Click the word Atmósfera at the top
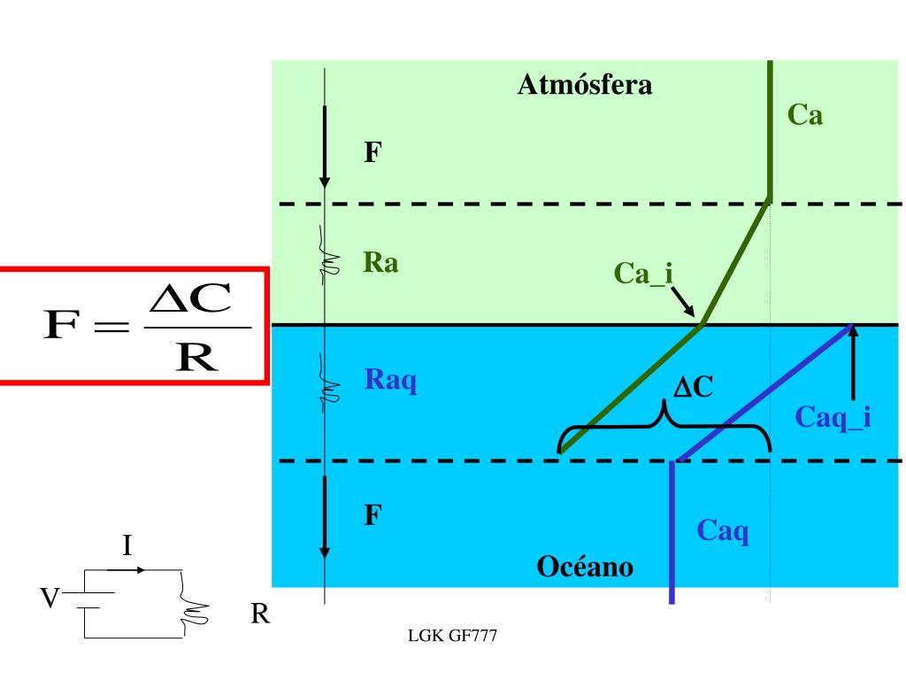click(x=584, y=85)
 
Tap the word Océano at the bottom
click(x=585, y=566)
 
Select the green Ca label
click(x=805, y=114)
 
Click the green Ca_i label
click(x=644, y=274)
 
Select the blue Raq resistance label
click(x=390, y=381)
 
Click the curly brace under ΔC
click(x=664, y=430)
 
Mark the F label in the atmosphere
click(x=373, y=153)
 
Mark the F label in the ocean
click(x=373, y=514)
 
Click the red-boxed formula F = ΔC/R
click(x=133, y=325)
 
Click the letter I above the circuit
click(x=127, y=545)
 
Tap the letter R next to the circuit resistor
click(x=259, y=614)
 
